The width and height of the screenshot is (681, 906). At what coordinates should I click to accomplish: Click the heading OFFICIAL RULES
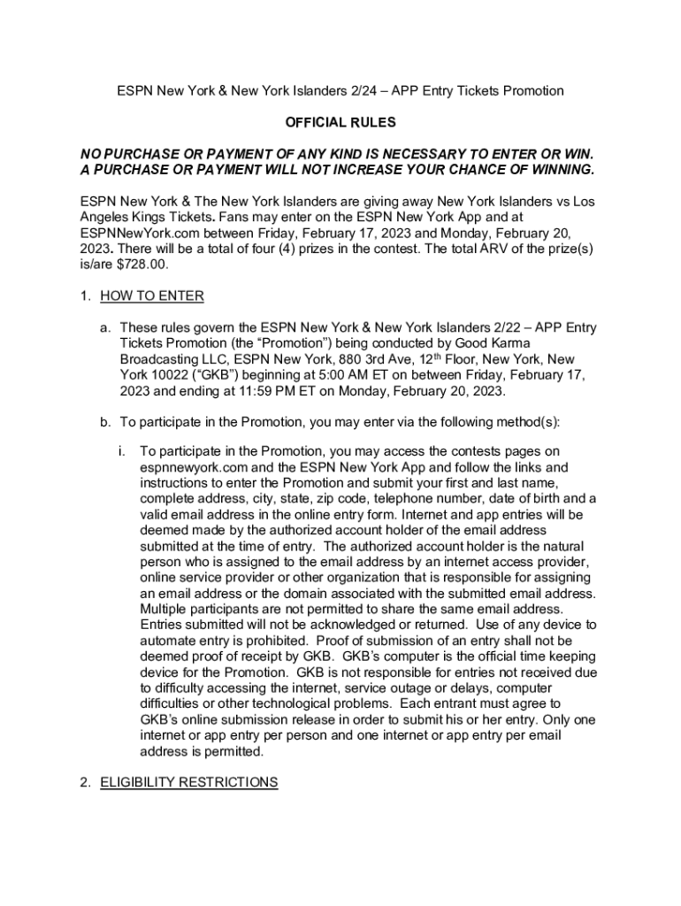(340, 122)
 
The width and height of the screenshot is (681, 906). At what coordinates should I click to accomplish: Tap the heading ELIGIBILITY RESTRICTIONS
(188, 782)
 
